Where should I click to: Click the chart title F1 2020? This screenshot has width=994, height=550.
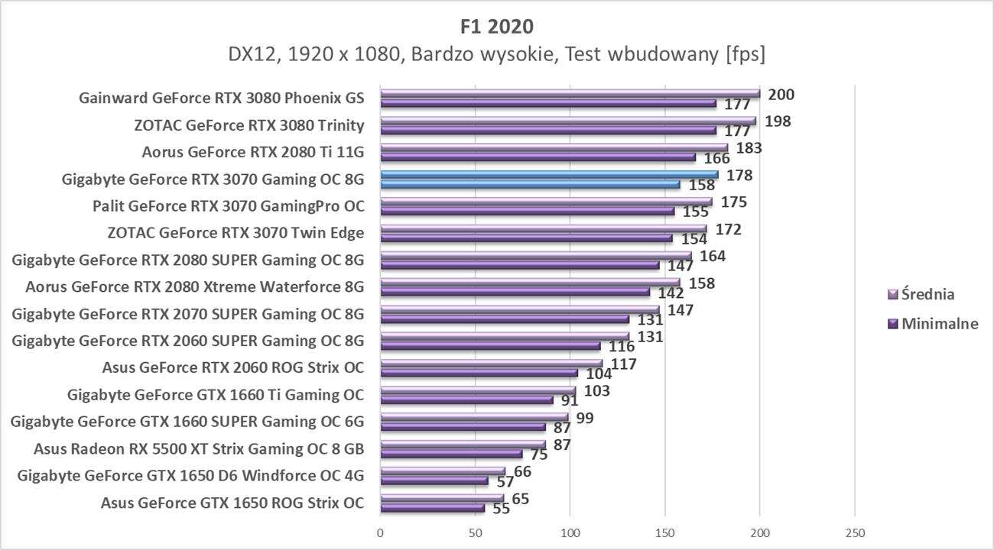[x=497, y=26]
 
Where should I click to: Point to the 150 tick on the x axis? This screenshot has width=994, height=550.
[x=664, y=532]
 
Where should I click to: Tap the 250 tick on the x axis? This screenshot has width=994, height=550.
[x=855, y=532]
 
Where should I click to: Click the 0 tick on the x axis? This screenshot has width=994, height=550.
[x=380, y=532]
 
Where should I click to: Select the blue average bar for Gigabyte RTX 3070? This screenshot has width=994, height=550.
[x=548, y=175]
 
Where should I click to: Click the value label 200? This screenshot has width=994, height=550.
[x=781, y=95]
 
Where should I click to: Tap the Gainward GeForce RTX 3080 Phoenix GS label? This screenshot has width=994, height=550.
[x=221, y=99]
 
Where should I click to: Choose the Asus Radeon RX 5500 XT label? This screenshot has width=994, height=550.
[x=199, y=448]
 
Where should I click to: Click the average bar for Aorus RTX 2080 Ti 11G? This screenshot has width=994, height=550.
[x=554, y=148]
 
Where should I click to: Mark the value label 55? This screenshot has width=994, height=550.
[x=502, y=509]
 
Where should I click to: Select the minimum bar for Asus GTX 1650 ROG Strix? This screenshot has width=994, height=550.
[x=432, y=508]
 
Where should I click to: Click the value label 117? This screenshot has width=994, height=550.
[x=625, y=364]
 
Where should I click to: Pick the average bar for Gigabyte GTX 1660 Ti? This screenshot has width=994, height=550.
[x=477, y=390]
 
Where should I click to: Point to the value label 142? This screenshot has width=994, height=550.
[x=671, y=293]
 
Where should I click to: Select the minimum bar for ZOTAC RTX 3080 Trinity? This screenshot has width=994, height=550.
[x=547, y=131]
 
